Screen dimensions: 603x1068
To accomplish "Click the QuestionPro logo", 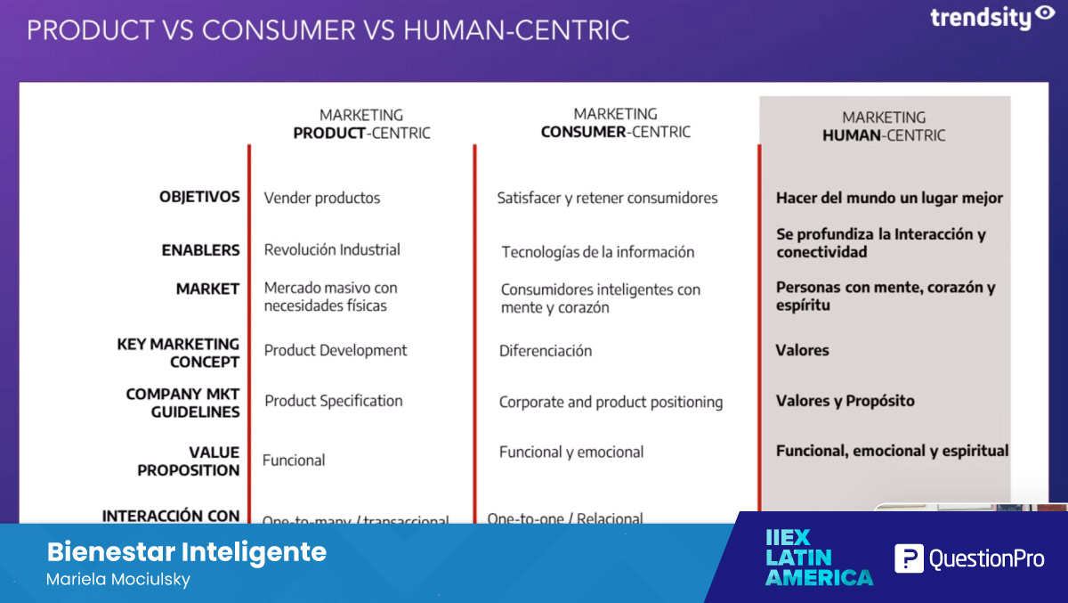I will (x=968, y=559).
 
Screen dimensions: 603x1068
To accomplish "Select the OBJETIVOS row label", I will (x=199, y=197).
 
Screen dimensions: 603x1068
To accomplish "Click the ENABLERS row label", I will (x=201, y=250).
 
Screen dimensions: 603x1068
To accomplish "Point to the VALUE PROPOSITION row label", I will (x=189, y=461).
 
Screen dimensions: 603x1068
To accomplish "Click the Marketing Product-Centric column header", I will (x=361, y=124).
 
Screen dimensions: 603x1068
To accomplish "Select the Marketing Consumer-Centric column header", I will (x=616, y=123).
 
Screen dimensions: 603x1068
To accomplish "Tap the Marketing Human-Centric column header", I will (x=884, y=126).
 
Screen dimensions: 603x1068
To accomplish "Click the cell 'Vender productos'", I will (x=322, y=198).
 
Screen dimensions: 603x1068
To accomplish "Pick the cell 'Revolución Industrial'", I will (x=332, y=249).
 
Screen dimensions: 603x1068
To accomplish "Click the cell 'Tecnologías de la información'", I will (x=597, y=252).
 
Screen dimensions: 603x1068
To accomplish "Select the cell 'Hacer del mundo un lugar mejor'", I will (x=889, y=198).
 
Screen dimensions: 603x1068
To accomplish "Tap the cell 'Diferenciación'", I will (x=546, y=351).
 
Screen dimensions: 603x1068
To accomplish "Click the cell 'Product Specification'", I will (x=334, y=401).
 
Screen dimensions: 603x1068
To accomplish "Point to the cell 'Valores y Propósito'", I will (x=845, y=401).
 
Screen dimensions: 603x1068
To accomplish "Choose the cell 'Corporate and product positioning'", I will (x=611, y=403).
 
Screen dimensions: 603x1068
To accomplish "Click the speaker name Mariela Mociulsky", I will (x=118, y=580).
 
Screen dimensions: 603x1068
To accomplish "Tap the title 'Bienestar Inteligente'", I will (x=187, y=551).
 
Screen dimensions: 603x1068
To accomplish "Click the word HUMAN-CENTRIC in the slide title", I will (x=516, y=30).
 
